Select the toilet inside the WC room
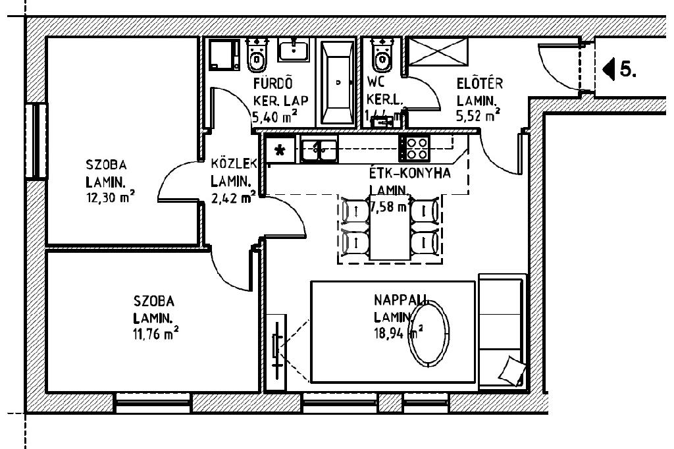tap(381, 55)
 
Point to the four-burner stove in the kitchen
tap(415, 148)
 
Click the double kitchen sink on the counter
tap(319, 149)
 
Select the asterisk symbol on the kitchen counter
tap(280, 150)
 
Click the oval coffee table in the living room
tap(430, 334)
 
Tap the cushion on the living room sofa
tap(511, 371)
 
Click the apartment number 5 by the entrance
tap(628, 68)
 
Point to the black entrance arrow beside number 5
tap(609, 68)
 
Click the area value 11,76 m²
tap(155, 334)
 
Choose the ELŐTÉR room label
tap(480, 84)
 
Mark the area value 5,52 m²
tap(477, 116)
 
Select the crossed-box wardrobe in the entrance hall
tap(438, 51)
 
